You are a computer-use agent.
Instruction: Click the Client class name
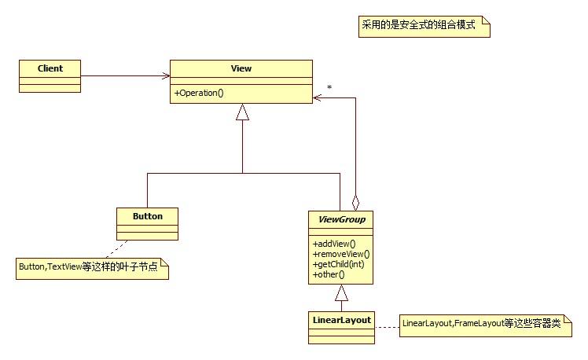pos(50,68)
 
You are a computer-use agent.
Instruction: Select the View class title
pos(241,68)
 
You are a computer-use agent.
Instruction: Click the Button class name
pos(148,215)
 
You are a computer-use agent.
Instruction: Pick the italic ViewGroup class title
pos(340,219)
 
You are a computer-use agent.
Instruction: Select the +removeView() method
pos(340,254)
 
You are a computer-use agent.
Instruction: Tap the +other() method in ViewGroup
pos(329,275)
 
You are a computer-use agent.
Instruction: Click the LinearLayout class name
pos(340,320)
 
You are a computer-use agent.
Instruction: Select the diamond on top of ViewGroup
pos(355,200)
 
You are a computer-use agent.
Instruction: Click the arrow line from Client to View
pos(126,76)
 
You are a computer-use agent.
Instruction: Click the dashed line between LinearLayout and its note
pos(387,323)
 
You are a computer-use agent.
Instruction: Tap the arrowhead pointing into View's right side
pos(318,97)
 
